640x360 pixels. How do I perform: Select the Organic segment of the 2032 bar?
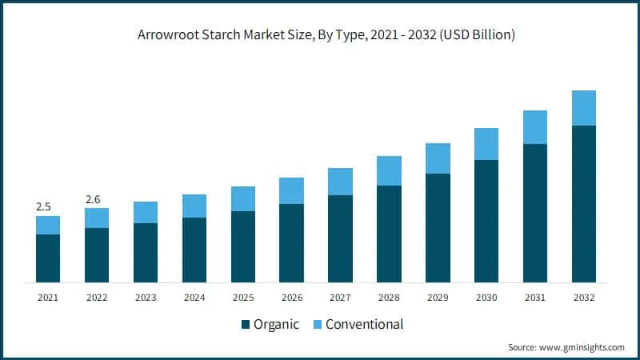(x=584, y=204)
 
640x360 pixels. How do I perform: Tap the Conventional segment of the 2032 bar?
(x=584, y=108)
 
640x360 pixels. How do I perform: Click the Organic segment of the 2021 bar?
(x=48, y=258)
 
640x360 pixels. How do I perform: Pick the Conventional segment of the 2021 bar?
(x=48, y=225)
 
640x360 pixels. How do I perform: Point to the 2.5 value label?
(x=43, y=207)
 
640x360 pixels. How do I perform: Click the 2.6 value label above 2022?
(x=93, y=199)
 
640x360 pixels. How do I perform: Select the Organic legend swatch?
(x=246, y=325)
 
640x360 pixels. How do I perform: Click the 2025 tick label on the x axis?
(x=243, y=298)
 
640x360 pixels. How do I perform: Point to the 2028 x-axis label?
(x=389, y=298)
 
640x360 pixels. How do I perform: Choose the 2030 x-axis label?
(x=486, y=298)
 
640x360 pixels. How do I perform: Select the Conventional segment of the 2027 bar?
(x=341, y=182)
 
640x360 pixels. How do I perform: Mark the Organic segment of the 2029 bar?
(x=438, y=228)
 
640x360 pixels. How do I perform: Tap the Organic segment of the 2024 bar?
(x=194, y=250)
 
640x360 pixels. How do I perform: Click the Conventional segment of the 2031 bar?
(x=535, y=127)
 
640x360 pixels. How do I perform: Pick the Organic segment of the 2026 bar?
(x=292, y=242)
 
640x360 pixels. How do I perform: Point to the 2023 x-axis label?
(x=146, y=298)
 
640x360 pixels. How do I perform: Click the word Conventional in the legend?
(x=364, y=325)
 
